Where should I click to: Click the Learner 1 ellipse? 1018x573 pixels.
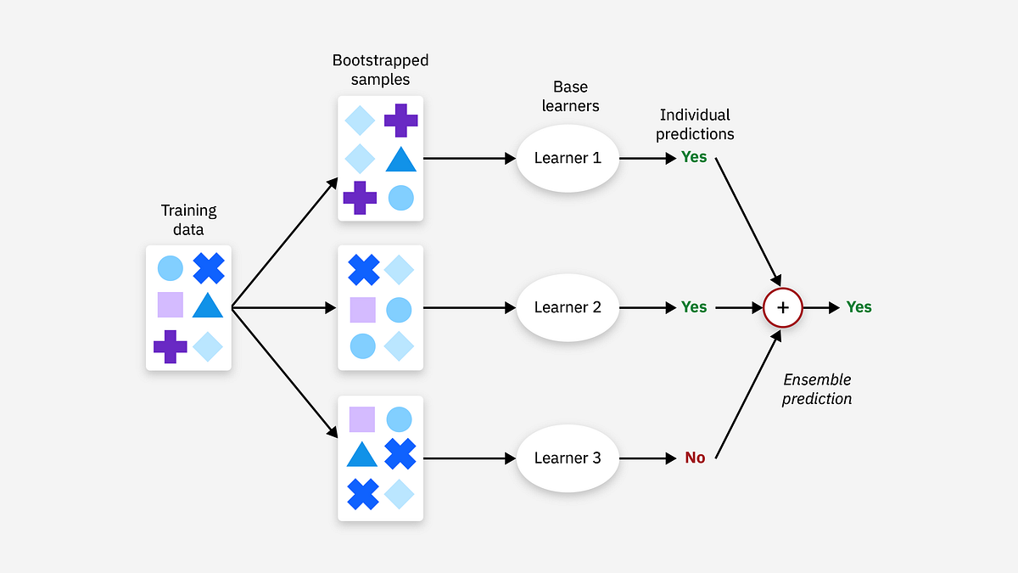point(568,158)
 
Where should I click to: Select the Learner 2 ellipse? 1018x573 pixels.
point(568,307)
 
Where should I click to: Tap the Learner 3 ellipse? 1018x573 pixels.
point(568,458)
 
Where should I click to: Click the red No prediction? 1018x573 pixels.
point(695,458)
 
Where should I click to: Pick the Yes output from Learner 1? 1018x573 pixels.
point(694,158)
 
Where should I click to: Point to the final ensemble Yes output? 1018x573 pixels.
point(859,307)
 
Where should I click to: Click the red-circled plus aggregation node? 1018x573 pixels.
point(783,307)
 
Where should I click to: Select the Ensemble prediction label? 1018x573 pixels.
point(817,389)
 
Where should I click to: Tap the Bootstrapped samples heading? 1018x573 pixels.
point(380,70)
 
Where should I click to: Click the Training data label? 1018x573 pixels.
point(189,219)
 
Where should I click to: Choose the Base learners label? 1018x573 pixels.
point(570,96)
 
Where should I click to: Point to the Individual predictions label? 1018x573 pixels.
point(695,124)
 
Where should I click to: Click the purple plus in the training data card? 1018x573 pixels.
point(171,346)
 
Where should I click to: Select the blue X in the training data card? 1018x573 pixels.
point(208,268)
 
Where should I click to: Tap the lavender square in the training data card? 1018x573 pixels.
point(171,305)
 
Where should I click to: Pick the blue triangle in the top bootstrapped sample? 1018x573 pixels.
point(400,160)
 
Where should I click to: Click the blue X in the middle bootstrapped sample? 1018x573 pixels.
point(363,270)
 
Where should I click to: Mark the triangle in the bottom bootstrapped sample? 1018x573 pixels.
point(362,455)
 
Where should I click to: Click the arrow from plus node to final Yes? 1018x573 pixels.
point(821,307)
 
